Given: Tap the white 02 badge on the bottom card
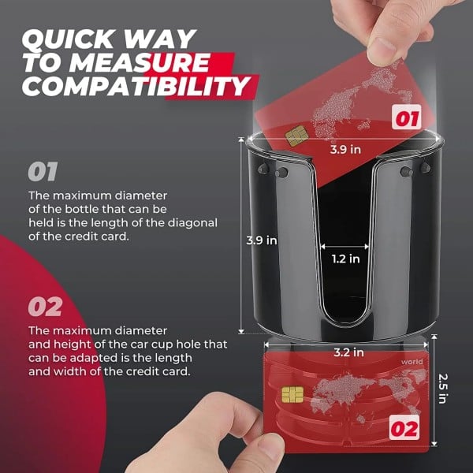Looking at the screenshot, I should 404,430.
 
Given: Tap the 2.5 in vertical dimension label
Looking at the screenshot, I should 444,387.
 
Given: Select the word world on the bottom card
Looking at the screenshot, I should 412,363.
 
